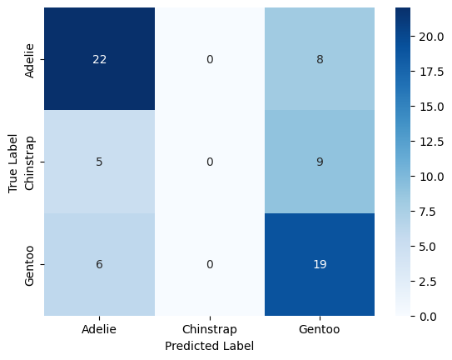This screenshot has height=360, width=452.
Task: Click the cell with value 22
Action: [x=99, y=59]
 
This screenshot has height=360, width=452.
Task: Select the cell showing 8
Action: [x=320, y=59]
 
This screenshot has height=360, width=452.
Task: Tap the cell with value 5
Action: [x=99, y=162]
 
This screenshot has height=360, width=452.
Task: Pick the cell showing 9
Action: [x=320, y=162]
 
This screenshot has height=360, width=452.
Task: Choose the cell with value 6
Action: [x=99, y=264]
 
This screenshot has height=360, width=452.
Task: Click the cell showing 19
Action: [x=320, y=264]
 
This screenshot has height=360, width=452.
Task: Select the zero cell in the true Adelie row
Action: [x=210, y=59]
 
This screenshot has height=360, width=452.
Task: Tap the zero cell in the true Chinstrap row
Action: [x=210, y=162]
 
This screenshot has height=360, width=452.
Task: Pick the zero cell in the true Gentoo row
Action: [x=210, y=264]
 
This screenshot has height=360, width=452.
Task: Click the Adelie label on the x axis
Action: [x=99, y=329]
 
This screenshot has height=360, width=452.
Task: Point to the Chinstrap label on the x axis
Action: [x=210, y=329]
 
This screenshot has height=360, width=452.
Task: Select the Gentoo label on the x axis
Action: [x=320, y=329]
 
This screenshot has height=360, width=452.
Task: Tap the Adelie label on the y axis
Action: [x=31, y=59]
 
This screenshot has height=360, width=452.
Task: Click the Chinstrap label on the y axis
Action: [x=31, y=162]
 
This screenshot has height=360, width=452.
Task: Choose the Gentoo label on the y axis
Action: [x=31, y=264]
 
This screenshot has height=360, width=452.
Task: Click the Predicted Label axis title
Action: [x=210, y=345]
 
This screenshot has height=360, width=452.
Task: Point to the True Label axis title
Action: [x=13, y=162]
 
